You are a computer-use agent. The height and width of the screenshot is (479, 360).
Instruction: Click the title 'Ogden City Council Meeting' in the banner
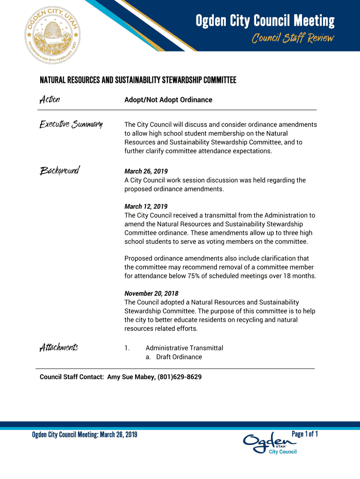pos(265,21)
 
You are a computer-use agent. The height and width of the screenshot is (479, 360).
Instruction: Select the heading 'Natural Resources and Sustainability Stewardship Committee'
pos(138,80)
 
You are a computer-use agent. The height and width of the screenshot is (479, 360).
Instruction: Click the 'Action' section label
pos(50,100)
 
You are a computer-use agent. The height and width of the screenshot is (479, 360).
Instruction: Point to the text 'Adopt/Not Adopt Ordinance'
pos(168,100)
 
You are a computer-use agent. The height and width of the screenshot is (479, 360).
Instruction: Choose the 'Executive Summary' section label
pos(71,124)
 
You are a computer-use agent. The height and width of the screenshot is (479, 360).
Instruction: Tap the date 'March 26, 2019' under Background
pos(146,171)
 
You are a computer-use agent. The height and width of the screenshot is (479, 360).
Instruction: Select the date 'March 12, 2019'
pos(146,206)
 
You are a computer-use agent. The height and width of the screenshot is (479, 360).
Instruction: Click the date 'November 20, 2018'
pos(151,293)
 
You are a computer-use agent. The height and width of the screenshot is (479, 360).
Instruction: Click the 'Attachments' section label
pos(58,348)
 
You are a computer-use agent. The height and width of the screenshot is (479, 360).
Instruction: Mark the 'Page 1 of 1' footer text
pos(305,434)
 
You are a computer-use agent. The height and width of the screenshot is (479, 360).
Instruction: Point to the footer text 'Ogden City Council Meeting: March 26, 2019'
pos(85,435)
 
